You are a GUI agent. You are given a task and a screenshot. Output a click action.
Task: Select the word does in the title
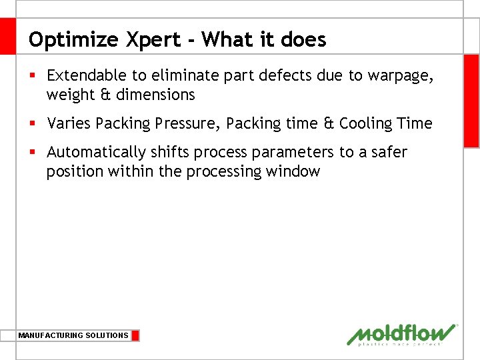click(x=304, y=40)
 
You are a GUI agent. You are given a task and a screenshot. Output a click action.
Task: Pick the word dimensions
click(x=155, y=95)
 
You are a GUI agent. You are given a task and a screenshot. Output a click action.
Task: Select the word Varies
click(x=69, y=124)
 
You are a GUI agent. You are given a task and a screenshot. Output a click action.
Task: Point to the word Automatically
click(x=96, y=153)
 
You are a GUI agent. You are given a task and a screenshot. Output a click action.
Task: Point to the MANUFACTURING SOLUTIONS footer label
click(x=73, y=335)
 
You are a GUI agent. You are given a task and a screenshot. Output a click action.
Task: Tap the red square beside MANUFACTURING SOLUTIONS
click(x=135, y=335)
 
